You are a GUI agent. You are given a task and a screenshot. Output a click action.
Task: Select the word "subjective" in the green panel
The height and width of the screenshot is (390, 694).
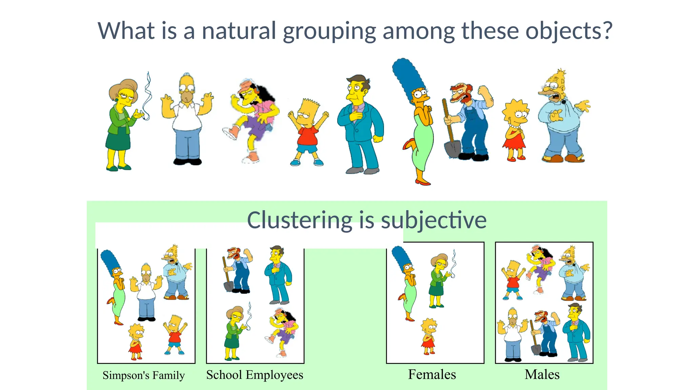434,220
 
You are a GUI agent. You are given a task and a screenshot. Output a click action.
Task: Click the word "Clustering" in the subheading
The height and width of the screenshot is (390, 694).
300,220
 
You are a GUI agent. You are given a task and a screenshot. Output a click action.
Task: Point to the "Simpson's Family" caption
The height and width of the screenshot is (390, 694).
144,375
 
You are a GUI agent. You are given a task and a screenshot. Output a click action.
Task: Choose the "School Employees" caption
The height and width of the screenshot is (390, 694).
255,375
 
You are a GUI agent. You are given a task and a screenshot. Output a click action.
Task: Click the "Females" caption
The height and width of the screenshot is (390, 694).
432,374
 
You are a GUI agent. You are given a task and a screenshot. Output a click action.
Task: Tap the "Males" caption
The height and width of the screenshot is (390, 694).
542,374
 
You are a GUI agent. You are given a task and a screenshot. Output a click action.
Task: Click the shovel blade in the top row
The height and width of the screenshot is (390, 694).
452,149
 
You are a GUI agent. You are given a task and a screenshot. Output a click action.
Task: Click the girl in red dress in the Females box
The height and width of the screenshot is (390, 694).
429,337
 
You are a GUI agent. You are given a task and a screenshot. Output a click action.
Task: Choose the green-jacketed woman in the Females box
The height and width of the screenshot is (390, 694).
438,281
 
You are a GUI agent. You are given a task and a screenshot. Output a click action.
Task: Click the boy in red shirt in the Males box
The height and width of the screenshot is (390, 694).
513,279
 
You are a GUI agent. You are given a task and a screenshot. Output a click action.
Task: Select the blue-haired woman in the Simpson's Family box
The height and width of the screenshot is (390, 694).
115,288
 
